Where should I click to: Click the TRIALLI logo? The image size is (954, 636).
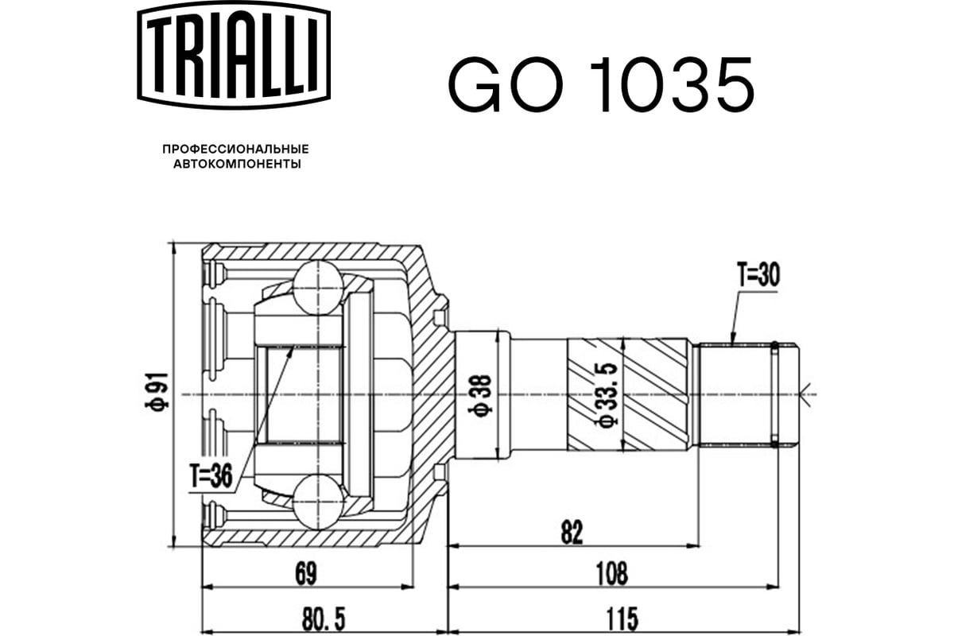tap(234, 55)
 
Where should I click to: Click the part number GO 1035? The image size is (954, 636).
tap(601, 83)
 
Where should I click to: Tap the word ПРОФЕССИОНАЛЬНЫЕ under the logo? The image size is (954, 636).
tap(236, 149)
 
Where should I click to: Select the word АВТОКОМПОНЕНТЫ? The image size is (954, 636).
tap(237, 164)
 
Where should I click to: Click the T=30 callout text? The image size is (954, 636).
tap(758, 276)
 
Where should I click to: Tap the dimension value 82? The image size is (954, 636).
tap(572, 532)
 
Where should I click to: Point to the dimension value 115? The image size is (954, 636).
tap(622, 619)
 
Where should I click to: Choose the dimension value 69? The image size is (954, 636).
tap(306, 574)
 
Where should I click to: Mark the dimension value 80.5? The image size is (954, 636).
tap(324, 619)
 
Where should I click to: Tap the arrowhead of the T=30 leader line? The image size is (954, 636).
tap(731, 336)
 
